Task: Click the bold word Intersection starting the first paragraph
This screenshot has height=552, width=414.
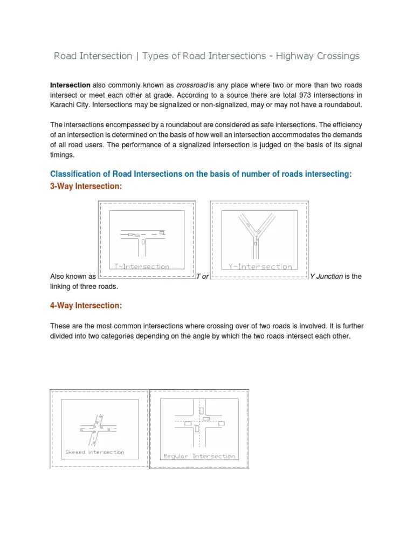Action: click(x=70, y=85)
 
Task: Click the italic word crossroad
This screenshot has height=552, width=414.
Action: click(x=192, y=85)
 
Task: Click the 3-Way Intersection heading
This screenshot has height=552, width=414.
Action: click(x=86, y=186)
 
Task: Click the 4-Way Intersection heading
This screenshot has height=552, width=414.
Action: click(x=86, y=306)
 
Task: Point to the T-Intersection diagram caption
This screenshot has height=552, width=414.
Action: click(x=142, y=266)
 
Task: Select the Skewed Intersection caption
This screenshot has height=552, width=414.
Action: click(x=94, y=452)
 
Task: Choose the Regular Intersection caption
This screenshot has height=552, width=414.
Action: click(x=199, y=456)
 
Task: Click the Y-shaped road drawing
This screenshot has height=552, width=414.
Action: click(x=256, y=234)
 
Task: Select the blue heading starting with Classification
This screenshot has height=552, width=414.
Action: click(x=201, y=174)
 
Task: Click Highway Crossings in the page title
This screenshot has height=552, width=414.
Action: click(x=318, y=56)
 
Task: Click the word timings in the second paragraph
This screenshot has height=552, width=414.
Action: click(x=61, y=155)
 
